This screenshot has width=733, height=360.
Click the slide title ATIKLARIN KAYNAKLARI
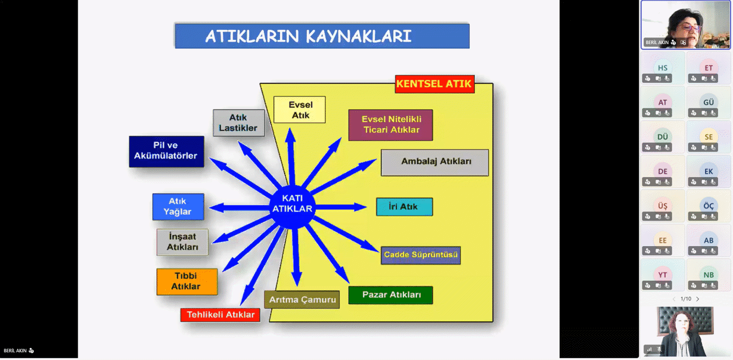pyautogui.click(x=322, y=36)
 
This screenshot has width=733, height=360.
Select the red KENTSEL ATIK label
pyautogui.click(x=434, y=84)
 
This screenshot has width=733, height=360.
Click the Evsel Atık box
pyautogui.click(x=300, y=110)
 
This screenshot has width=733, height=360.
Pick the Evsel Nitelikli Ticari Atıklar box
pyautogui.click(x=390, y=125)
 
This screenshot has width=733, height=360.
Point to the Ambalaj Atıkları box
pyautogui.click(x=435, y=162)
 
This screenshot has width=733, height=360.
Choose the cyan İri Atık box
pyautogui.click(x=404, y=207)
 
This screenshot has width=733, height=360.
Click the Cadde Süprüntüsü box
pyautogui.click(x=421, y=255)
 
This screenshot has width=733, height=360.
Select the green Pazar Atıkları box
pyautogui.click(x=390, y=295)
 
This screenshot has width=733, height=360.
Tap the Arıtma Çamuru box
pyautogui.click(x=302, y=299)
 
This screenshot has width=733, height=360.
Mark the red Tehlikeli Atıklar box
pyautogui.click(x=220, y=315)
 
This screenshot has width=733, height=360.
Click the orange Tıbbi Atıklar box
pyautogui.click(x=187, y=281)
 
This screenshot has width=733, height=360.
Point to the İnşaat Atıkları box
pyautogui.click(x=182, y=242)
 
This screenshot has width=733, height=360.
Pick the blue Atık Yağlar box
pyautogui.click(x=178, y=207)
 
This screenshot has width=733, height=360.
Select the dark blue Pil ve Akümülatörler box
pyautogui.click(x=166, y=151)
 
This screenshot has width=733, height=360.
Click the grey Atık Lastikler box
pyautogui.click(x=238, y=123)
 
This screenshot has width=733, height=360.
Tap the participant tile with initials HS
pyautogui.click(x=663, y=68)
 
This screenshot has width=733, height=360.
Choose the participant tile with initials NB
pyautogui.click(x=709, y=275)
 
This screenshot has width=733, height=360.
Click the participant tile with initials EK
pyautogui.click(x=709, y=172)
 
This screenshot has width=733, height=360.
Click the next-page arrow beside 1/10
pyautogui.click(x=698, y=299)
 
